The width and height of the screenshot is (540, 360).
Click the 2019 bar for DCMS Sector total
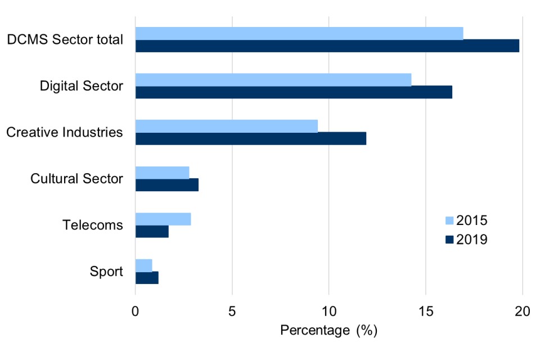point(327,46)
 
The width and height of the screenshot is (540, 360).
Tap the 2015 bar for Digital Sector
point(273,80)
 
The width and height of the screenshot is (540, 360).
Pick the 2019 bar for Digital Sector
point(294,92)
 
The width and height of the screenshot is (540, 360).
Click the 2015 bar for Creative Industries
point(227,126)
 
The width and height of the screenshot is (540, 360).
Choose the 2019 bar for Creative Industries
point(251,138)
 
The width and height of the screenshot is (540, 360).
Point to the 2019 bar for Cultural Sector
point(167,185)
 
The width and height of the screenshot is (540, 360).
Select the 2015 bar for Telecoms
point(163,219)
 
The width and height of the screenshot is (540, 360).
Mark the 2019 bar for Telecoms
point(152,231)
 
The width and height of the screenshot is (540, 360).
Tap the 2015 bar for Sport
point(144,265)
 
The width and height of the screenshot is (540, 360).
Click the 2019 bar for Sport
point(147,278)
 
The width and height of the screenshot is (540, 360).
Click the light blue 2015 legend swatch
point(448,220)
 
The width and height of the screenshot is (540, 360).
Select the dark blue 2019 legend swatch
point(448,240)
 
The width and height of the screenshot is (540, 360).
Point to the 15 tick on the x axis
point(426,312)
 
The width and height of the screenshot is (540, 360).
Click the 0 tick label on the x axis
point(136,312)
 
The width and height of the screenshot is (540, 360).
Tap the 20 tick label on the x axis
point(523,312)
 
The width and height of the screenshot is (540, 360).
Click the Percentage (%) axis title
point(328,330)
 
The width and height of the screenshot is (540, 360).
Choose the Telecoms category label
point(93,225)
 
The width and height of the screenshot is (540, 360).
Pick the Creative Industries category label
point(64,132)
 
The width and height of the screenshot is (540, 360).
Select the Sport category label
point(106,272)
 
